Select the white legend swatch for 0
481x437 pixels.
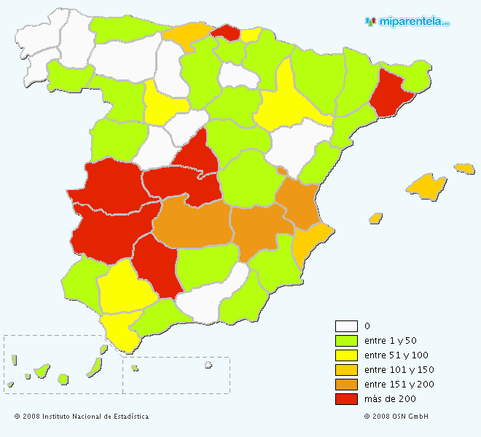[346, 326]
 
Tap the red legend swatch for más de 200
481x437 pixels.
[346, 399]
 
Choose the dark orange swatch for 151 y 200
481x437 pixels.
[346, 385]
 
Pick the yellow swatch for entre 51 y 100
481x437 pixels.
[346, 355]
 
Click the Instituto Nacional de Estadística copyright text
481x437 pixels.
[82, 417]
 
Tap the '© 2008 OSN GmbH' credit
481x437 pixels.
[396, 417]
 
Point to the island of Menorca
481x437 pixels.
[464, 168]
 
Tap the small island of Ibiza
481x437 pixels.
[376, 218]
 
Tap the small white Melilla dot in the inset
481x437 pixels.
[208, 365]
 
